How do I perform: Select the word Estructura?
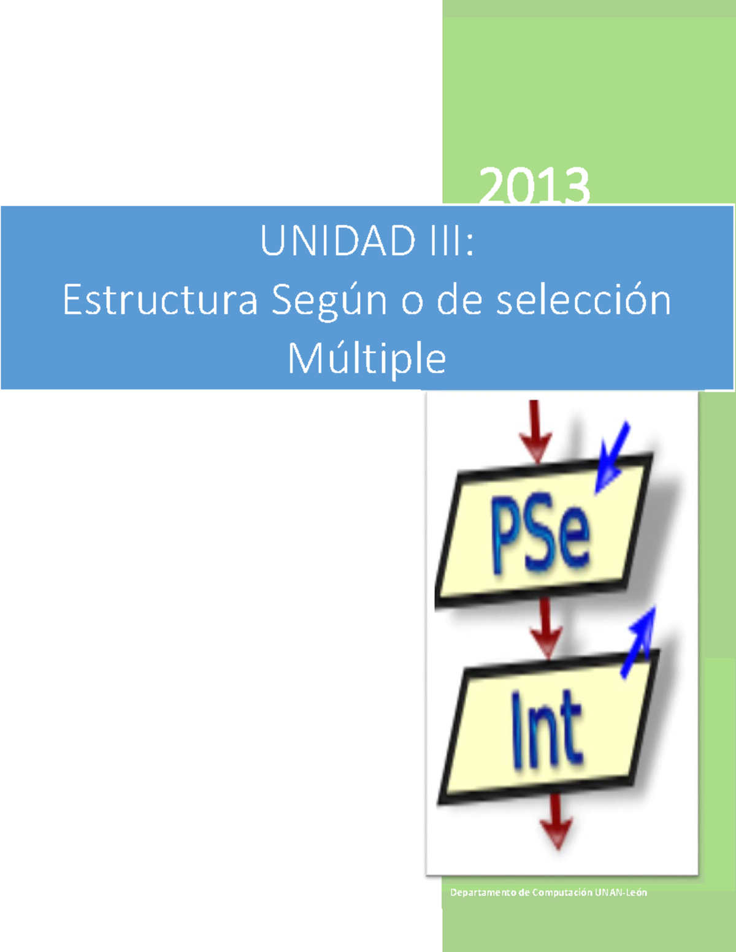coord(160,300)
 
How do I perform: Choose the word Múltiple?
coord(367,358)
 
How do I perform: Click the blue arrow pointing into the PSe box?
coord(611,457)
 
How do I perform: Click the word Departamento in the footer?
coord(483,893)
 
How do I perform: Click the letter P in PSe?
coord(507,533)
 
